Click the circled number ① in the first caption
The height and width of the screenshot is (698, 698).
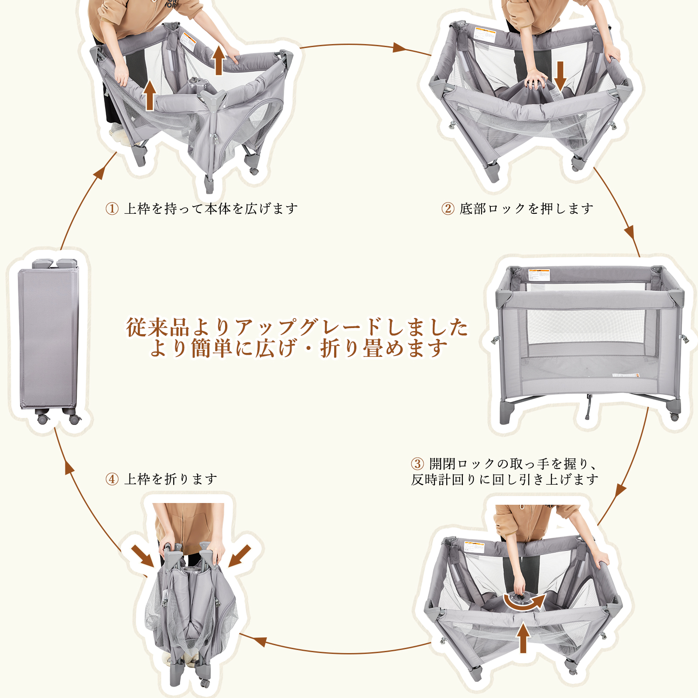click(x=112, y=209)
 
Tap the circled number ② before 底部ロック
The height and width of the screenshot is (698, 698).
click(x=448, y=209)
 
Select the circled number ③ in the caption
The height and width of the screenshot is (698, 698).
click(x=417, y=463)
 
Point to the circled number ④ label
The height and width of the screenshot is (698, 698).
click(x=112, y=479)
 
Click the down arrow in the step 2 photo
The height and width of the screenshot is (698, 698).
click(x=560, y=75)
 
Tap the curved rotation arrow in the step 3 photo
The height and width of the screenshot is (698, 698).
click(x=525, y=602)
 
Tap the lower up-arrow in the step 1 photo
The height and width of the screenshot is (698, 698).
click(x=150, y=95)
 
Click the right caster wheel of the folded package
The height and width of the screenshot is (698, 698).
click(x=74, y=420)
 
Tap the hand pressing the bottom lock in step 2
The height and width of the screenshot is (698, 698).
click(x=536, y=80)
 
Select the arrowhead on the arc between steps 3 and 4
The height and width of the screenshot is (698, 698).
click(x=260, y=641)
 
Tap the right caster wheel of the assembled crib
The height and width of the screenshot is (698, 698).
click(x=674, y=417)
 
